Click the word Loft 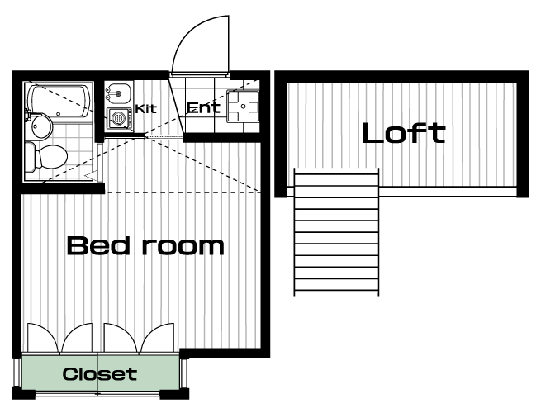[404, 133]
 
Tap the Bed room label [145, 245]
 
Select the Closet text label [100, 374]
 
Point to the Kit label [146, 109]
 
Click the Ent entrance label [203, 107]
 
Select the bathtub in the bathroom [59, 102]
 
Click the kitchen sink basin [118, 93]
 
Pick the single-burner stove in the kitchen [120, 119]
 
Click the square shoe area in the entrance [243, 106]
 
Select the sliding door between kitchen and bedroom [164, 137]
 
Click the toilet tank [30, 157]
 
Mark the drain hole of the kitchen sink [118, 93]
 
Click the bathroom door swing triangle [91, 176]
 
